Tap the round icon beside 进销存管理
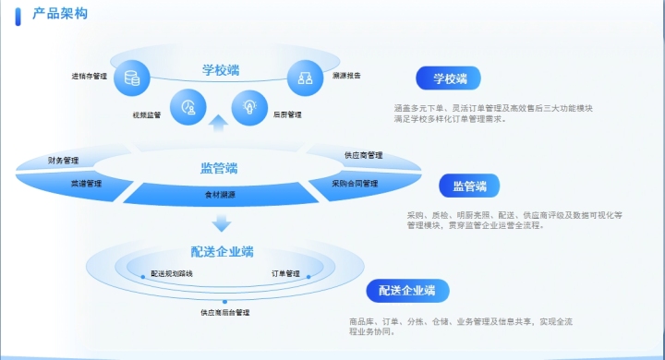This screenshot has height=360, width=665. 129,78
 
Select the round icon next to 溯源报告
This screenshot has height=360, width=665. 303,77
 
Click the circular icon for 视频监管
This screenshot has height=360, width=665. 189,107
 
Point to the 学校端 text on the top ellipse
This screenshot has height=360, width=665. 221,69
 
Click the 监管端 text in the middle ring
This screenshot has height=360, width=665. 219,168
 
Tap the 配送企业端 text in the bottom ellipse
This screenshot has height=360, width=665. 223,251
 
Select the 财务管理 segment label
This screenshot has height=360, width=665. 64,161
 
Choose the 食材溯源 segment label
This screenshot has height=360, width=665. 220,195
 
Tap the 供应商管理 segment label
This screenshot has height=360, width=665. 363,155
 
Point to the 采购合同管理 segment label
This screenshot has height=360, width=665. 356,183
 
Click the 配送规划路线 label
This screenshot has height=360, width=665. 172,274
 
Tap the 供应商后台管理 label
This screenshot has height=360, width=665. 224,313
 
